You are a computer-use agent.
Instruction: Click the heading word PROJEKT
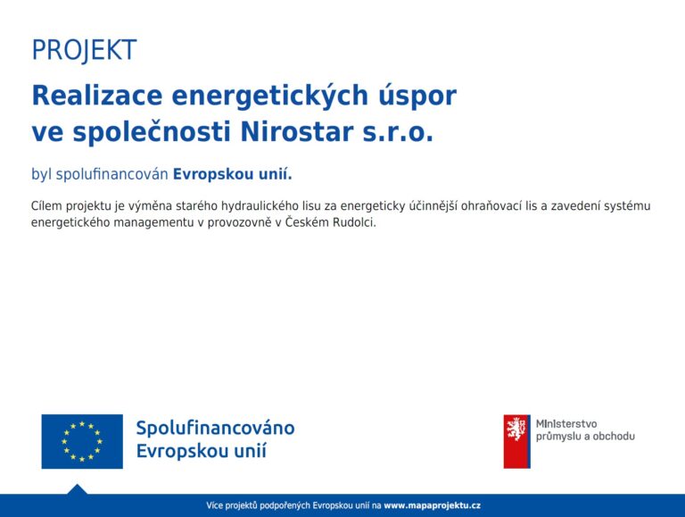[x=85, y=51]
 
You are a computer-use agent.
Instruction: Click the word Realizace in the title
[x=97, y=95]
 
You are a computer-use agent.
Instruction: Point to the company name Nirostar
[x=297, y=131]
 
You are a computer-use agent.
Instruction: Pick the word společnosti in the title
[x=152, y=132]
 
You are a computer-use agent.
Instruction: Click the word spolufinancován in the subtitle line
[x=111, y=174]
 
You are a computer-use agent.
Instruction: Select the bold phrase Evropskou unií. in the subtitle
[x=233, y=174]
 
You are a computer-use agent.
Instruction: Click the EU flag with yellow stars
[x=82, y=441]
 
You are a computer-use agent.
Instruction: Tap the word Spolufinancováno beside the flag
[x=215, y=428]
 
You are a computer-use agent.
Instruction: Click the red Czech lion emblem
[x=516, y=441]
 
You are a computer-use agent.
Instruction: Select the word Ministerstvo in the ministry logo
[x=566, y=424]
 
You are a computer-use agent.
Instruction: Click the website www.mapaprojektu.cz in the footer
[x=432, y=505]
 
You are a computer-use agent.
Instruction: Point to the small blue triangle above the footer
[x=77, y=490]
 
